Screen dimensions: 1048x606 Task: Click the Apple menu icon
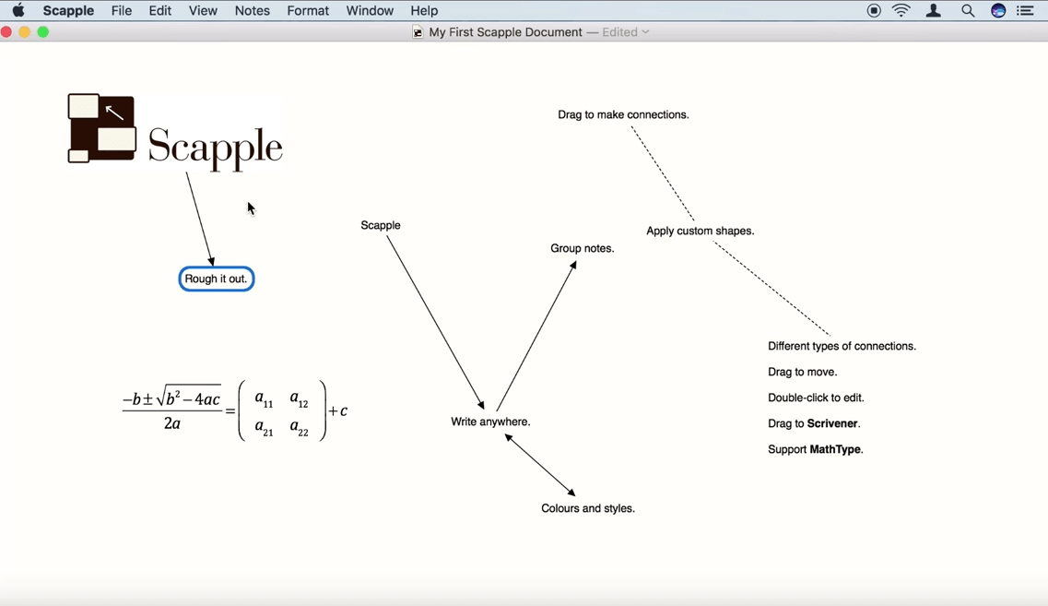tap(18, 11)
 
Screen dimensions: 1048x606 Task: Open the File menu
tap(122, 11)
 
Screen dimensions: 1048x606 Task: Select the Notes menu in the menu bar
tap(252, 11)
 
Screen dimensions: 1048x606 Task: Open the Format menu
tap(308, 11)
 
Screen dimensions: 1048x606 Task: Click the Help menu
tap(424, 11)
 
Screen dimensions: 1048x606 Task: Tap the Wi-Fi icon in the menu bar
tap(901, 11)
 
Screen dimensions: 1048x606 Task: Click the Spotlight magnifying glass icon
tap(968, 11)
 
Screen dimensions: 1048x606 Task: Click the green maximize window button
tap(43, 32)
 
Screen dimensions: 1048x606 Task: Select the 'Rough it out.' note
tap(217, 279)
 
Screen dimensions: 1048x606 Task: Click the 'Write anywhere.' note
tap(490, 422)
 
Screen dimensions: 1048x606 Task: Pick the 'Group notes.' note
tap(583, 248)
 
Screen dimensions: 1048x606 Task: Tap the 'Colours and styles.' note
tap(588, 508)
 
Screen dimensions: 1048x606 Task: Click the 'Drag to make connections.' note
tap(623, 114)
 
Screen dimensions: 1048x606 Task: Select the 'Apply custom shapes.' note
tap(701, 231)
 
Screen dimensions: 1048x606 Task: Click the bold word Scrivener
tap(832, 423)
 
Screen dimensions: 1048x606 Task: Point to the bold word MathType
tap(836, 449)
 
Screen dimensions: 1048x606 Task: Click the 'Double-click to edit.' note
tap(816, 398)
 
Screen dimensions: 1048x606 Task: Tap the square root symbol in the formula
tap(162, 398)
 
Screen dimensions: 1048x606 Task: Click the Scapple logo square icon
tap(101, 128)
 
